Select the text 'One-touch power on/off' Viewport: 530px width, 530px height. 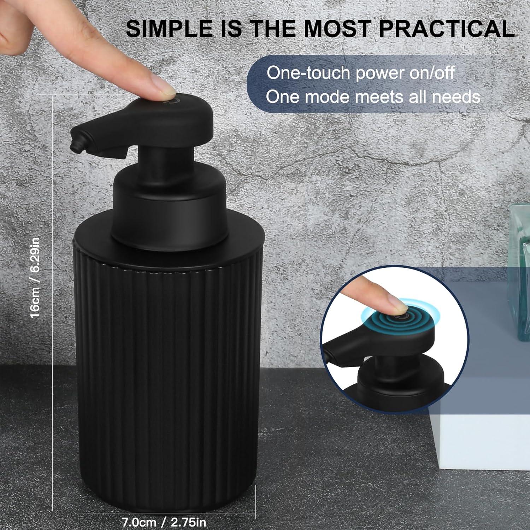click(360, 73)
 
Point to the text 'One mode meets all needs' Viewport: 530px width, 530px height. click(373, 96)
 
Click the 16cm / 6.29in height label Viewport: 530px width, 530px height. click(35, 277)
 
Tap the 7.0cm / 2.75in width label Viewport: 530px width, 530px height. click(164, 522)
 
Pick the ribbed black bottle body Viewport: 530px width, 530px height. click(166, 371)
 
